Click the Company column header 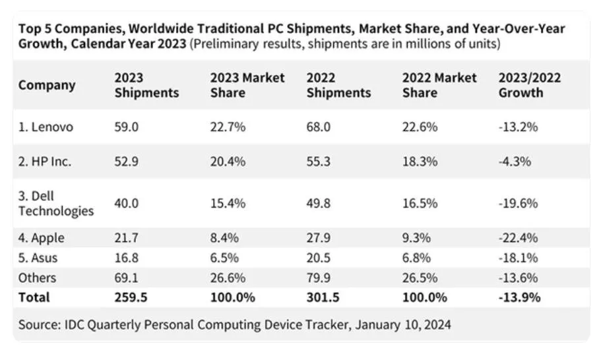tap(47, 85)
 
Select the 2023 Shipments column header tap(146, 85)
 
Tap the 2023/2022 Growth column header tap(530, 85)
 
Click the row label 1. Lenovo tap(46, 127)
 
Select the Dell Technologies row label tap(56, 204)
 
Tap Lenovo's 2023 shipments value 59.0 tap(126, 127)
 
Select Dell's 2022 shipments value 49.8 tap(319, 204)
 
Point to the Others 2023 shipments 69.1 tap(126, 278)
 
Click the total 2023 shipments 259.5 tap(131, 297)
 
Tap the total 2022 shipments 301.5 tap(323, 297)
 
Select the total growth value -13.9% tap(519, 297)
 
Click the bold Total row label tap(34, 297)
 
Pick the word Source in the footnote tap(40, 325)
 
